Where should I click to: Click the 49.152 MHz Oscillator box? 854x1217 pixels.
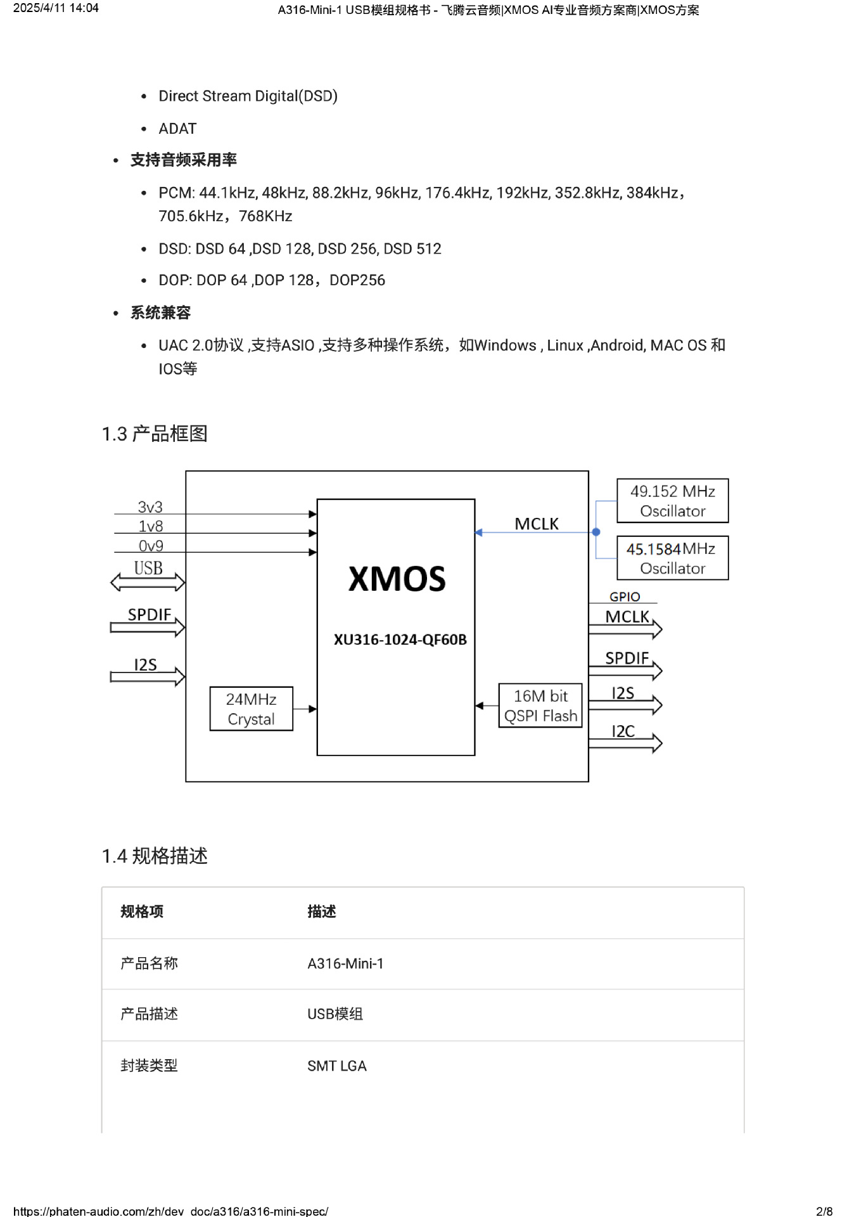click(672, 501)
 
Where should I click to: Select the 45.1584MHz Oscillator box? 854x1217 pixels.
click(672, 558)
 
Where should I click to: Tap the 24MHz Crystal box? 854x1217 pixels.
click(251, 709)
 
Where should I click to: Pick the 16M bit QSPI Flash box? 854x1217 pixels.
click(540, 705)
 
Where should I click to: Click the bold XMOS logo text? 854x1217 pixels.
click(397, 579)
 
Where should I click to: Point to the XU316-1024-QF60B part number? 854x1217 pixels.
click(400, 640)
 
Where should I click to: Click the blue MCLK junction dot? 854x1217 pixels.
click(596, 532)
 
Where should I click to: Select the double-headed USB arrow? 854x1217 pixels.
click(148, 582)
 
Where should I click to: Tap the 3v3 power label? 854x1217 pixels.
click(150, 507)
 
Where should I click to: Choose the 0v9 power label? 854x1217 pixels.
click(151, 546)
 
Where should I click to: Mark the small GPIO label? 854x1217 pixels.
click(625, 596)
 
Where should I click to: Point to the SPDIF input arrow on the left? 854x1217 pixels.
click(148, 628)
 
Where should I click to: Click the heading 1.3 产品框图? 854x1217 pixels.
click(155, 434)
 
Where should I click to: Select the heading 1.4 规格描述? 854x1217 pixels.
click(155, 856)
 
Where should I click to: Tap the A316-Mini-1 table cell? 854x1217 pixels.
click(345, 963)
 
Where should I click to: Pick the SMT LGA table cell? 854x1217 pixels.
click(337, 1066)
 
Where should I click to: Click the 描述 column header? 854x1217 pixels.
click(322, 911)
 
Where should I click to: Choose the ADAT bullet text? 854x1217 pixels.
click(177, 129)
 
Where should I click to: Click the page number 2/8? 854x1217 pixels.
click(824, 1211)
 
